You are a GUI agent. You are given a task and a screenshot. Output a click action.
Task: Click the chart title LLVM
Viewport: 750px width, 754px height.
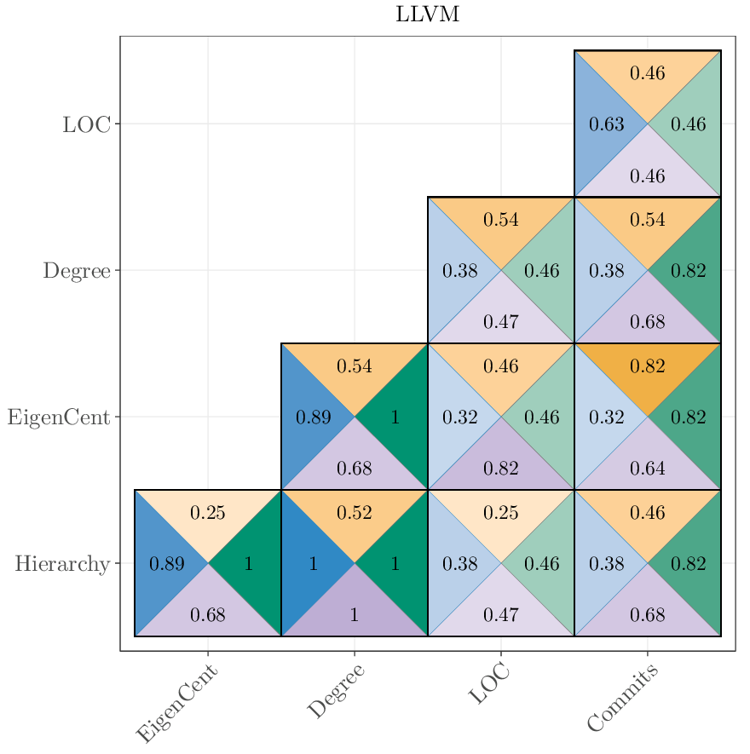click(428, 14)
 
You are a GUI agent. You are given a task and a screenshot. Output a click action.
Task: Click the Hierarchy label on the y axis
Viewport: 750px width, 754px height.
click(62, 564)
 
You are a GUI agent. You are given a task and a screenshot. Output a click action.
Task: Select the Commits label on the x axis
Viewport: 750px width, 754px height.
click(623, 699)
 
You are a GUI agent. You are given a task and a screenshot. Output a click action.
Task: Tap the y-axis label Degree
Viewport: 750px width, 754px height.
click(77, 271)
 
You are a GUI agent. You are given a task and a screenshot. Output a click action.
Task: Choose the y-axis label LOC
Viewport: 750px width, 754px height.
click(86, 124)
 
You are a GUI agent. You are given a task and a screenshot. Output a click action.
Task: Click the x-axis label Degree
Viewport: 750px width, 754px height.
click(336, 691)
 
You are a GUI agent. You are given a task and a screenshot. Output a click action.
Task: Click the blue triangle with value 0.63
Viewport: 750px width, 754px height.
click(606, 124)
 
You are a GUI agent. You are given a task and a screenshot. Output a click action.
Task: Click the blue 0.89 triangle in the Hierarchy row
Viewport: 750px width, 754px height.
click(166, 564)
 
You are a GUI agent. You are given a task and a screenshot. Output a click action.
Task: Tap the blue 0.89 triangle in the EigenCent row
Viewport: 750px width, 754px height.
click(313, 417)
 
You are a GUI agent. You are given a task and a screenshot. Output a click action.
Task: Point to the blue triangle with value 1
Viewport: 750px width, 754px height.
click(313, 564)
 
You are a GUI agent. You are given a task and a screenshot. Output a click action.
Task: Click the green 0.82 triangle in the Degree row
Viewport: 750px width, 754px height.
click(688, 271)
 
